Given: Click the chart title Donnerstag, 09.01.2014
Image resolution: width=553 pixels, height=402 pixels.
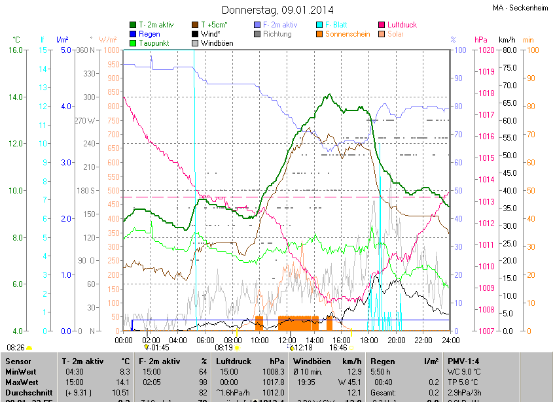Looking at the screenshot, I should pos(277,10).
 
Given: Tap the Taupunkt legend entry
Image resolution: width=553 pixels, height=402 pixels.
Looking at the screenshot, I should pos(155,43).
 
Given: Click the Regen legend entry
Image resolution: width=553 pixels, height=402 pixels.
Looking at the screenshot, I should pos(149,34).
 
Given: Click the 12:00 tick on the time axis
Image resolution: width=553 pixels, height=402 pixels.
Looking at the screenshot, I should pos(287,340).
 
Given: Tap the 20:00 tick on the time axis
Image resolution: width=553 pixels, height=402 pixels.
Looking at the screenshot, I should pos(396,340).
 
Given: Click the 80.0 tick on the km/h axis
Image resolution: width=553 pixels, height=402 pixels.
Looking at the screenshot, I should pos(509,50).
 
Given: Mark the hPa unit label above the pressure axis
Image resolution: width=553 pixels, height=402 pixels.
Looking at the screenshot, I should pos(481,40).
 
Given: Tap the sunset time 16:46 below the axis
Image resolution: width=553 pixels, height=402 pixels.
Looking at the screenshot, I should pos(338,348).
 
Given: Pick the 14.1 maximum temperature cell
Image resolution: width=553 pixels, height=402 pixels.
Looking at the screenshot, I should pos(124,382).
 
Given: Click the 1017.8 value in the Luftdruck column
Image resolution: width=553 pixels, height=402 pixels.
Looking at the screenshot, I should pos(277,382).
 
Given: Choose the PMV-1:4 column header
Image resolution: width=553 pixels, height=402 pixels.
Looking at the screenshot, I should pos(463,361).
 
